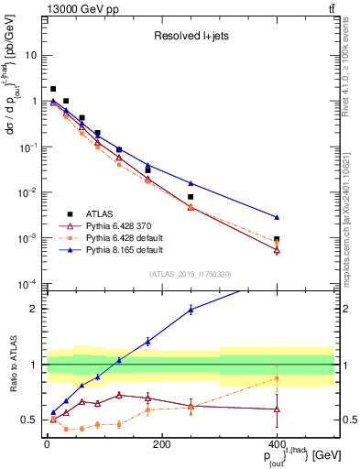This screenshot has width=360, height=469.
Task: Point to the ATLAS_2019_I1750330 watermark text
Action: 191,274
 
